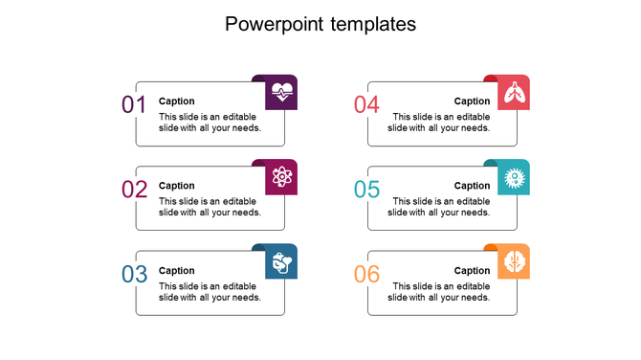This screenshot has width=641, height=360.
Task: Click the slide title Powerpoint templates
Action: (320, 24)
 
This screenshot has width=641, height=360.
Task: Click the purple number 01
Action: (134, 105)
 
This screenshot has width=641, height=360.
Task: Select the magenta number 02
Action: (134, 190)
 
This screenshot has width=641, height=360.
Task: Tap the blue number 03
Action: (134, 275)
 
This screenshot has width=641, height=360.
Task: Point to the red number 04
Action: (366, 105)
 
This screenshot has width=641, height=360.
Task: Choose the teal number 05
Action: (366, 190)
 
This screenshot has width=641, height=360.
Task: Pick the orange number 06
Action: (366, 275)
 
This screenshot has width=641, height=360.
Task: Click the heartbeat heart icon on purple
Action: (282, 93)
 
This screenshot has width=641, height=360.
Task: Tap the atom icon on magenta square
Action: (282, 177)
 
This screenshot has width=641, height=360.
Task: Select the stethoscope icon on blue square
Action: (282, 261)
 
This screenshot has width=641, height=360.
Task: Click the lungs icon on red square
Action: (514, 93)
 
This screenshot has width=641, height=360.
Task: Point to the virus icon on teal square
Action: (514, 177)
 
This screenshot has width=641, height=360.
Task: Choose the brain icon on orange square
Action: (514, 261)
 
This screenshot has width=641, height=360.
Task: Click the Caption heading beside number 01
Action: (177, 101)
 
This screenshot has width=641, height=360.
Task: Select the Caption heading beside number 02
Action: (177, 186)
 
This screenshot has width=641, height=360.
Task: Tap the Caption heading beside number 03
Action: (177, 271)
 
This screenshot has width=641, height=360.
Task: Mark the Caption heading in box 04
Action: (472, 101)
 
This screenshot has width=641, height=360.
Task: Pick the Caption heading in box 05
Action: (472, 186)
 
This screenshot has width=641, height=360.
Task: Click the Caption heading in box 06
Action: (472, 271)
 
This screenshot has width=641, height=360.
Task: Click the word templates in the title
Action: (372, 24)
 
